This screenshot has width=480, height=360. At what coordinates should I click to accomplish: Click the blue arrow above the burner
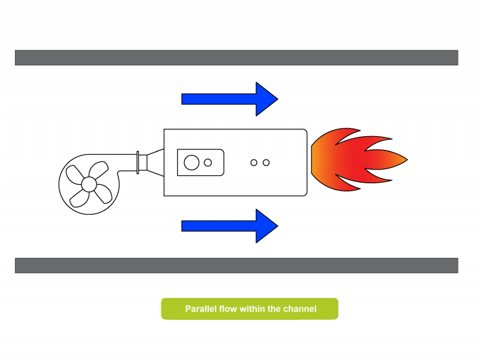tap(230, 99)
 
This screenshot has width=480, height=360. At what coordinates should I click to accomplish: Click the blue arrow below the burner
tap(230, 226)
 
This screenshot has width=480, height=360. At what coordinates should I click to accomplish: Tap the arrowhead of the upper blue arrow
tap(266, 99)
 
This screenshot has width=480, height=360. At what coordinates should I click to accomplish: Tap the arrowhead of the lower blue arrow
tap(266, 226)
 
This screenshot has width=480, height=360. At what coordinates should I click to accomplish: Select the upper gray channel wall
tap(236, 58)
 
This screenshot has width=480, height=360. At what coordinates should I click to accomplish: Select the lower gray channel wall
tap(236, 265)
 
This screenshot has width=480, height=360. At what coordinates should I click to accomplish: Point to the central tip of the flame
tap(407, 160)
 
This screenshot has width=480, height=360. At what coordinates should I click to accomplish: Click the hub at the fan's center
tap(89, 184)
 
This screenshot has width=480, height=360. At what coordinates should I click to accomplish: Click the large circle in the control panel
tap(191, 163)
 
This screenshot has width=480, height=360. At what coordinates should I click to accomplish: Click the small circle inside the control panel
tap(208, 163)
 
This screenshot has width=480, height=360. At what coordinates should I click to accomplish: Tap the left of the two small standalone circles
tap(254, 163)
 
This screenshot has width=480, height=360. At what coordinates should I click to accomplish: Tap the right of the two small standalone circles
tap(266, 163)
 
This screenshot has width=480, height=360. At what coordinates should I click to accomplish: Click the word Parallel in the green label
tap(200, 309)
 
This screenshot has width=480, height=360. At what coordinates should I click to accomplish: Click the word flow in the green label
tap(228, 309)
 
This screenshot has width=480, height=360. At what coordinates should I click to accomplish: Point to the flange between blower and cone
tap(138, 163)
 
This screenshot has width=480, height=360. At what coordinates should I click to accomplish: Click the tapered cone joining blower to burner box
tap(155, 163)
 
